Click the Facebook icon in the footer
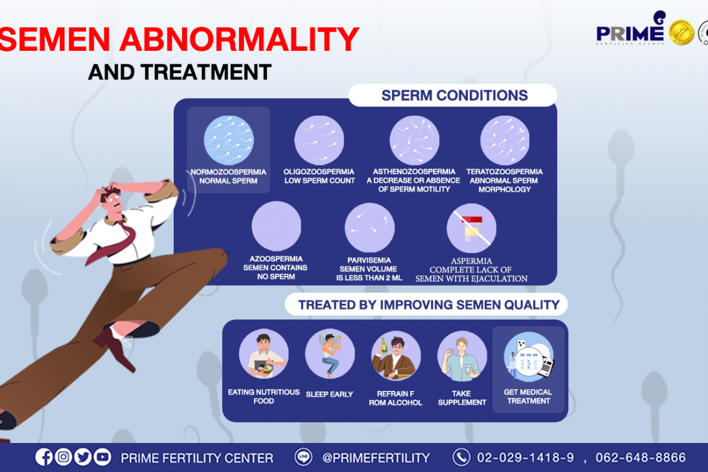pyautogui.click(x=44, y=457)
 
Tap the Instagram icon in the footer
pyautogui.click(x=63, y=457)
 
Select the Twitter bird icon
pyautogui.click(x=83, y=457)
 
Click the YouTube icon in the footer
pyautogui.click(x=102, y=457)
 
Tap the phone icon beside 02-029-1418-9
pyautogui.click(x=461, y=457)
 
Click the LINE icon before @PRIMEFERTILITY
pyautogui.click(x=303, y=457)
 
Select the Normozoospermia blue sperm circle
pyautogui.click(x=229, y=140)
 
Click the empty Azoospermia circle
pyautogui.click(x=277, y=226)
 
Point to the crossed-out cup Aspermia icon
pyautogui.click(x=471, y=228)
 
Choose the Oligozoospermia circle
pyautogui.click(x=320, y=140)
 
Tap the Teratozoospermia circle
pyautogui.click(x=505, y=140)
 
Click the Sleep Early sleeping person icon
pyautogui.click(x=330, y=353)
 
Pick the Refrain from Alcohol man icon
pyautogui.click(x=396, y=355)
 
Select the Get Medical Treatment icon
pyautogui.click(x=529, y=357)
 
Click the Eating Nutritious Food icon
pyautogui.click(x=264, y=353)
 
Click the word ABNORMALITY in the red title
pyautogui.click(x=239, y=39)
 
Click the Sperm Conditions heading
pyautogui.click(x=454, y=95)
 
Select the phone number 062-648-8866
pyautogui.click(x=641, y=457)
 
